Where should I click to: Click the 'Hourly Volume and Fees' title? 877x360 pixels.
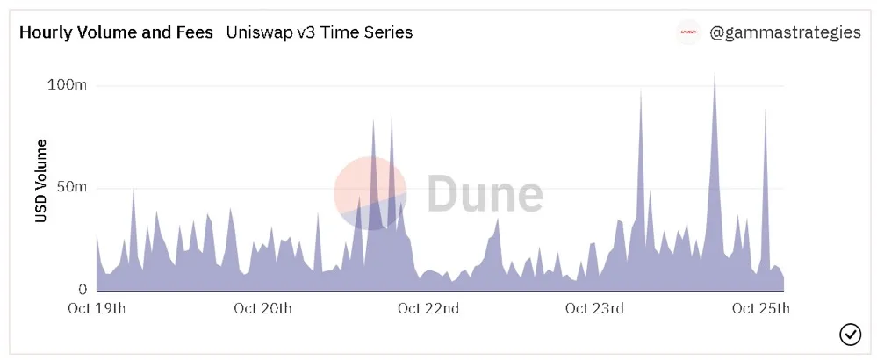click(117, 32)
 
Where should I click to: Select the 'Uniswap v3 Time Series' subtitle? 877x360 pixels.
click(320, 32)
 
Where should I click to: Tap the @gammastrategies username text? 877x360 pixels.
click(785, 33)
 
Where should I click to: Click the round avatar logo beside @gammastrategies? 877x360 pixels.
click(687, 32)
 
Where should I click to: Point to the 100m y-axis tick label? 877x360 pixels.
click(66, 85)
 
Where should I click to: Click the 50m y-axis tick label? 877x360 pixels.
click(72, 187)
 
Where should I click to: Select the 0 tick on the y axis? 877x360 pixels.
click(83, 290)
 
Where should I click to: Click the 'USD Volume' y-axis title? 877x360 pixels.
click(41, 181)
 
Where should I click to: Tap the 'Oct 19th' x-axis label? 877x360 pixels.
click(97, 308)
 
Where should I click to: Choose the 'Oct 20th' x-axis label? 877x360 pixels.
click(262, 308)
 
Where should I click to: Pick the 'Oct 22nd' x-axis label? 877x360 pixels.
click(428, 308)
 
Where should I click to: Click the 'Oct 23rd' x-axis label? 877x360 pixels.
click(594, 308)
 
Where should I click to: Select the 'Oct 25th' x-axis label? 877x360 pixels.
click(760, 308)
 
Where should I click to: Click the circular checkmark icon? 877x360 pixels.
click(850, 335)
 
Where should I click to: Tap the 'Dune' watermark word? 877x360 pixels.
click(485, 193)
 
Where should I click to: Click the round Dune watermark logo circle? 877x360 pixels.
click(370, 193)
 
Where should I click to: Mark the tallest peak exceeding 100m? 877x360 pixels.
click(715, 74)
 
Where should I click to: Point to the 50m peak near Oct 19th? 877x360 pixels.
click(133, 190)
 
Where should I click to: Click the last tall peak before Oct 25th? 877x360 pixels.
click(765, 110)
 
